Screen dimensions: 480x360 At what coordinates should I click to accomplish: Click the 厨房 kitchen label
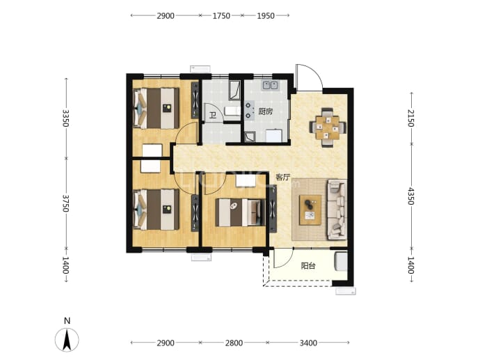[x=266, y=111]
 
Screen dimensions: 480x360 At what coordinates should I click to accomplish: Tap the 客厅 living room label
[x=282, y=177]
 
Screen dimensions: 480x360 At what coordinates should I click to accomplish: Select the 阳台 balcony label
[x=308, y=265]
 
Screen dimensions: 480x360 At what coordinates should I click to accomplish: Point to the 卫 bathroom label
[x=212, y=115]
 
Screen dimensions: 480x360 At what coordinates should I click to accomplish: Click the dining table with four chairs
[x=328, y=127]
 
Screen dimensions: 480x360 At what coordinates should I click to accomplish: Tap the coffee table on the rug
[x=310, y=210]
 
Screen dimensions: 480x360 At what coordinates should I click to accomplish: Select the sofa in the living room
[x=337, y=210]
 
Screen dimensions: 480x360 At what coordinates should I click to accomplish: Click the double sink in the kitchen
[x=270, y=85]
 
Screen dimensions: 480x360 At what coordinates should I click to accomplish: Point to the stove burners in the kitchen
[x=249, y=110]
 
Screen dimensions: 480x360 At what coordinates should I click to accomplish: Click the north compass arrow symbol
[x=67, y=340]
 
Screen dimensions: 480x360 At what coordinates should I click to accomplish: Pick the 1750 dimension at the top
[x=221, y=15]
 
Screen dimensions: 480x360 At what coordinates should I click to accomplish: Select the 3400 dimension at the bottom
[x=308, y=343]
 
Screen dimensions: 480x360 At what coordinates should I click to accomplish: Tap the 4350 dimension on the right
[x=411, y=196]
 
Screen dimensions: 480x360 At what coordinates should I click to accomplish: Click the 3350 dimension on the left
[x=65, y=118]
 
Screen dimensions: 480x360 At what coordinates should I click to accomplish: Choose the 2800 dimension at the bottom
[x=234, y=343]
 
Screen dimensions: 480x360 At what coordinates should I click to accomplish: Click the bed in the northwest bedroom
[x=157, y=108]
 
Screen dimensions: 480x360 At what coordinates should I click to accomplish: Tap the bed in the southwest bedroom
[x=157, y=210]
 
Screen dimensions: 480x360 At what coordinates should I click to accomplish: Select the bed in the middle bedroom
[x=240, y=212]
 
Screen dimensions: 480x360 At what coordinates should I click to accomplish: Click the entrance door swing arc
[x=313, y=71]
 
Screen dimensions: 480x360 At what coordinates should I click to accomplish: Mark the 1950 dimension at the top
[x=266, y=15]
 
